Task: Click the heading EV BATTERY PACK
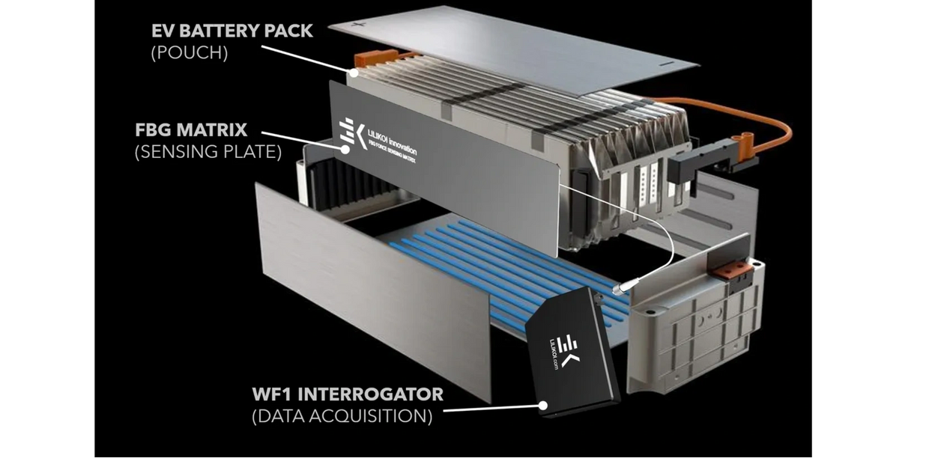(232, 32)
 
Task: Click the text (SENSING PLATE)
(208, 153)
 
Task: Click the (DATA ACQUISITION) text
(342, 417)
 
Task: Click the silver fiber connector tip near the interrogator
(620, 288)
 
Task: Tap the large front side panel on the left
(367, 284)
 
